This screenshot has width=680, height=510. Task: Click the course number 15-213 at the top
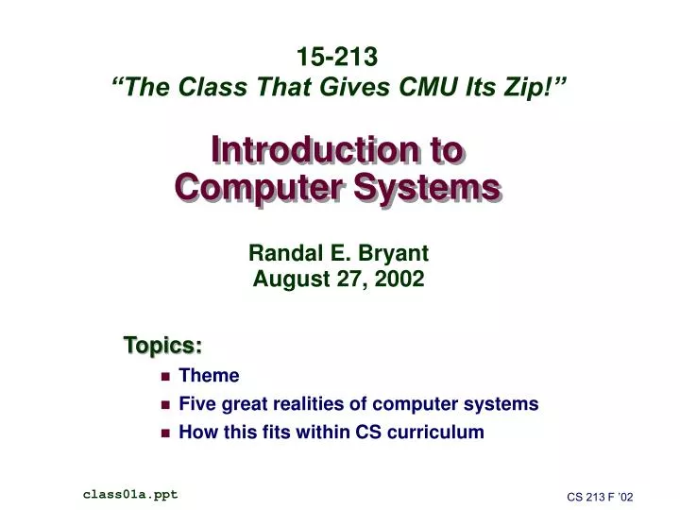tap(339, 58)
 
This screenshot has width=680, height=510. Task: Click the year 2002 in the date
tap(400, 279)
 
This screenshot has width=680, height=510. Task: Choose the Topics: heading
tap(162, 346)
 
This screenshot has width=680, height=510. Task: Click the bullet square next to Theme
tap(164, 377)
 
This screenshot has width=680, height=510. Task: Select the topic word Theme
tap(209, 376)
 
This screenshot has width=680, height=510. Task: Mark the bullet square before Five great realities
tap(164, 405)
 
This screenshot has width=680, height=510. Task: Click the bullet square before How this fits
tap(164, 433)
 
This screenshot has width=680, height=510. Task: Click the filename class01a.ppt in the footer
tap(130, 494)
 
